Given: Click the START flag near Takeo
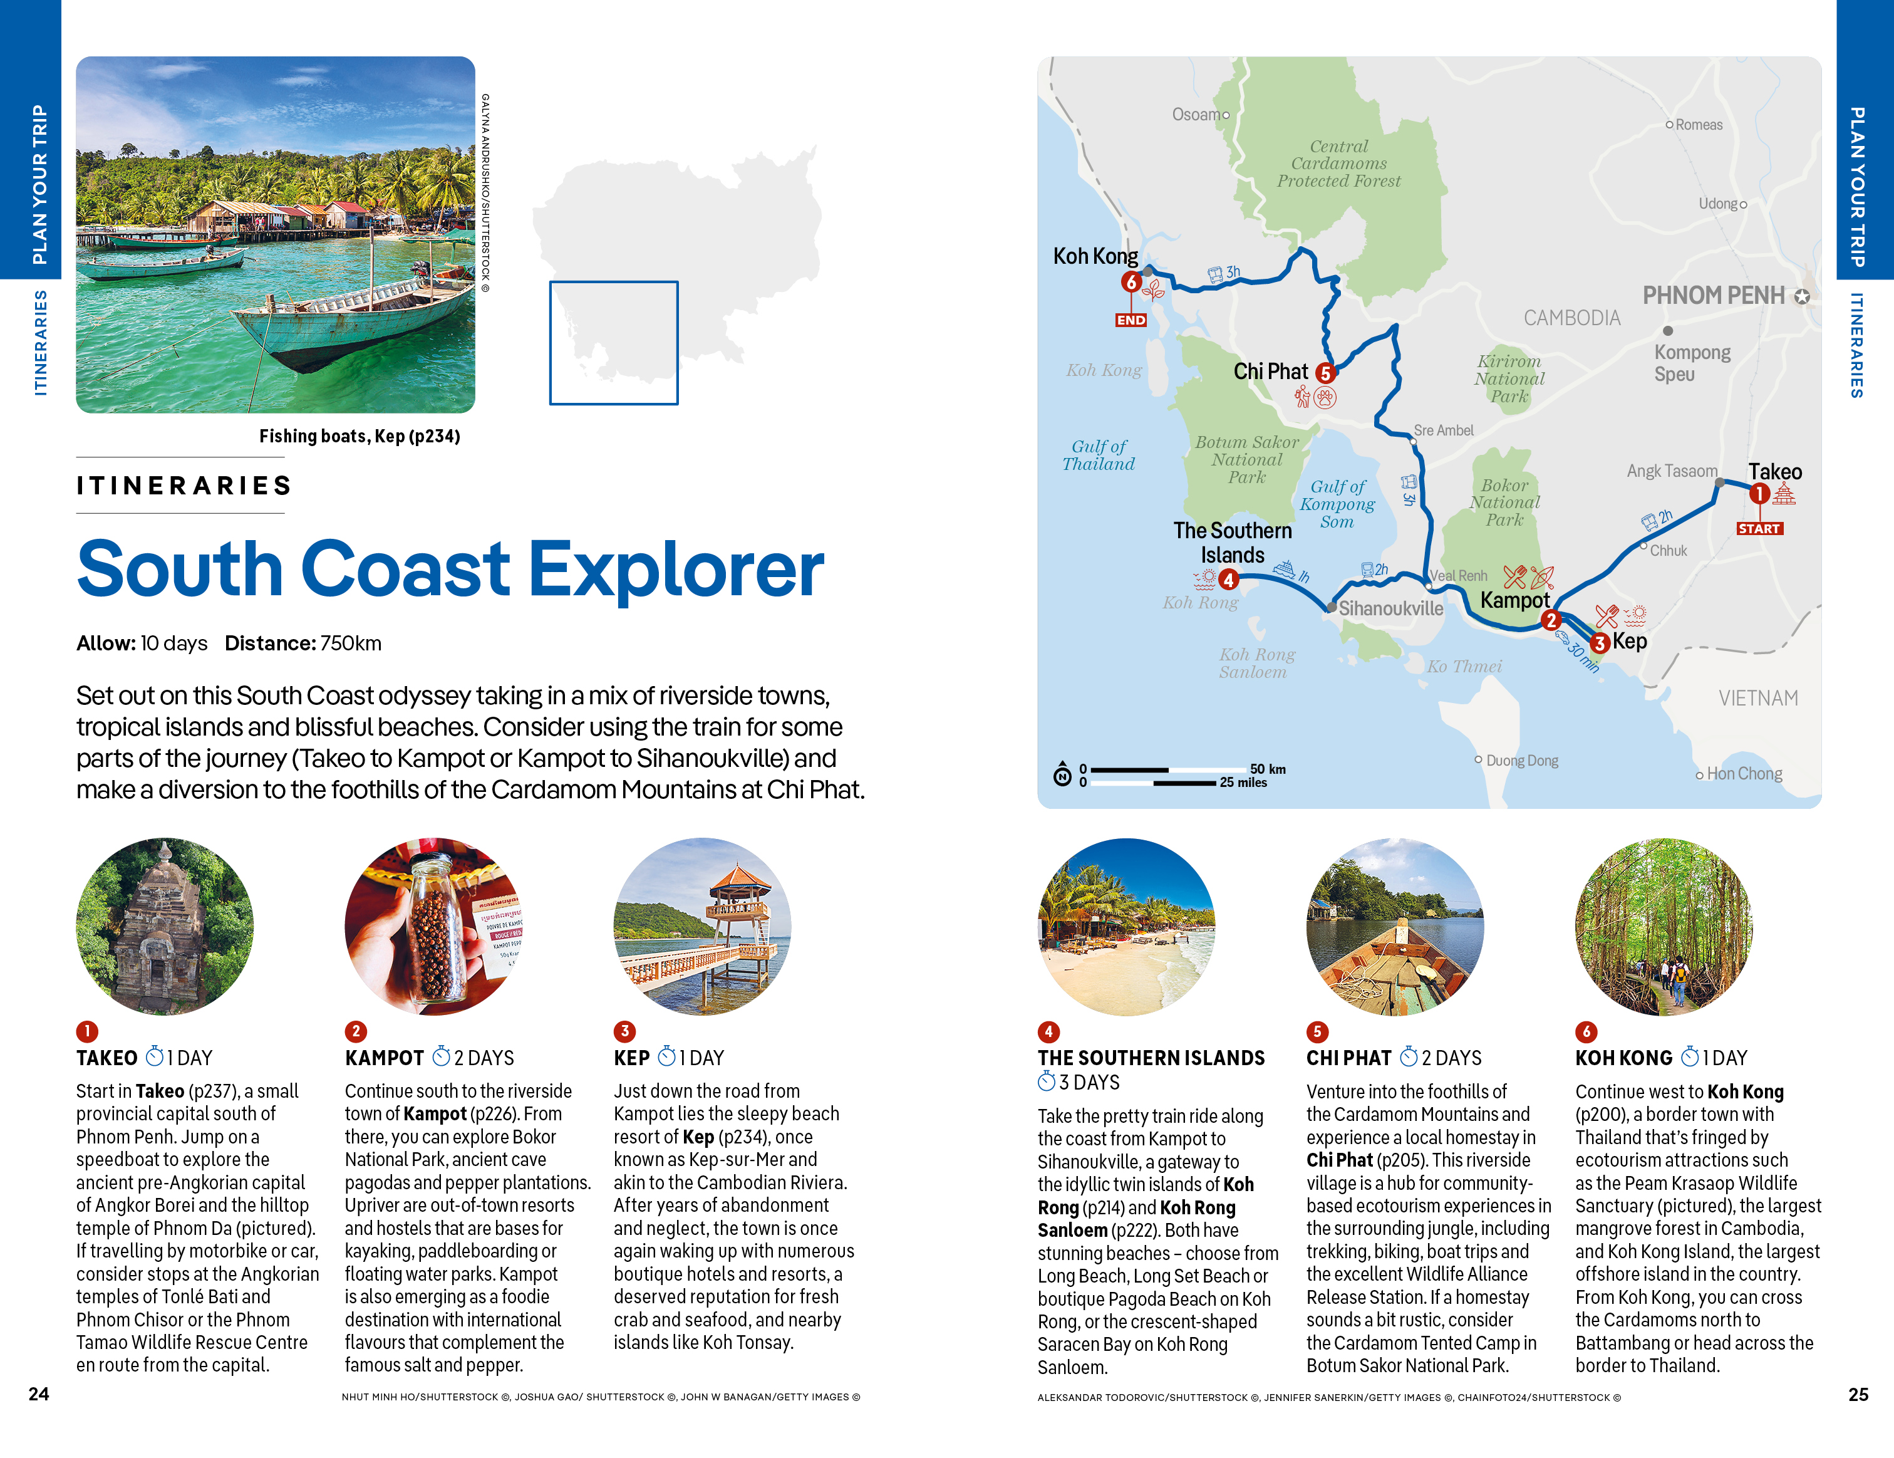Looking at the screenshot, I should coord(1758,528).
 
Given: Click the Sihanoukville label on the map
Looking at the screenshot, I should coord(1390,608).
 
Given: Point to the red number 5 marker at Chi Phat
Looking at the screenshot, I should coord(1324,373).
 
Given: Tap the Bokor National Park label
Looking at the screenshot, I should coord(1504,502).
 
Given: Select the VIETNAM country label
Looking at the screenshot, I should coord(1758,697).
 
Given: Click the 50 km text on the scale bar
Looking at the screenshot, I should coord(1267,768).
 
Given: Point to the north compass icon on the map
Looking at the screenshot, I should coord(1062,774).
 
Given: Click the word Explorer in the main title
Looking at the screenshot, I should coord(676,569).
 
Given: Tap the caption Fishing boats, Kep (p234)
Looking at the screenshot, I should coord(359,436).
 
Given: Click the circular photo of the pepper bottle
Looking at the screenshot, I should coord(433,925).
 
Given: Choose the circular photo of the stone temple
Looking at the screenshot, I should coord(165,925).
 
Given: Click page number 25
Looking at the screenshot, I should coord(1858,1394).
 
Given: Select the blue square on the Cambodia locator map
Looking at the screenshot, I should coord(613,343).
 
